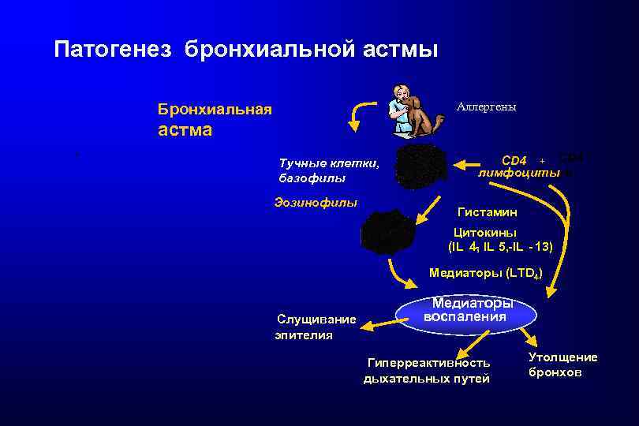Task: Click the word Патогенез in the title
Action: pyautogui.click(x=116, y=50)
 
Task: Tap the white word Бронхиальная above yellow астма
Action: pyautogui.click(x=215, y=109)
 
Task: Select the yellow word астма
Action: pyautogui.click(x=185, y=130)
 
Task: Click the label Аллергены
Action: pyautogui.click(x=486, y=106)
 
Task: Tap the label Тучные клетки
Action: pyautogui.click(x=329, y=164)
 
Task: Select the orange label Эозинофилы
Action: pyautogui.click(x=316, y=202)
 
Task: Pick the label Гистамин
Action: pyautogui.click(x=488, y=212)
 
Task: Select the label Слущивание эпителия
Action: pyautogui.click(x=312, y=327)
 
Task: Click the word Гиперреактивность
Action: pyautogui.click(x=428, y=363)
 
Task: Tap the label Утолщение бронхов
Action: pyautogui.click(x=562, y=364)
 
